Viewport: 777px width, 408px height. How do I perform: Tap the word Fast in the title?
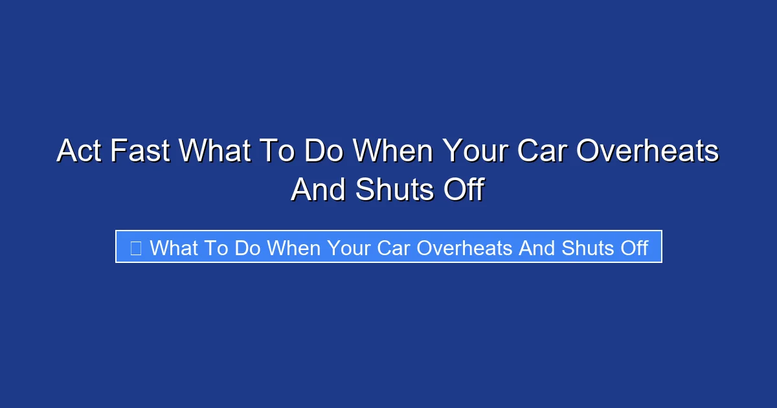(x=139, y=152)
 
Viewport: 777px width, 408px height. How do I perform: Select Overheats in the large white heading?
(x=648, y=152)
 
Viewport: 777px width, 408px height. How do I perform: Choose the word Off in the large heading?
(x=461, y=190)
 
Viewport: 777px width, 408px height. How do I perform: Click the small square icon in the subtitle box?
(x=136, y=247)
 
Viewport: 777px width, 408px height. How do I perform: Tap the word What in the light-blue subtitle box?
(x=174, y=247)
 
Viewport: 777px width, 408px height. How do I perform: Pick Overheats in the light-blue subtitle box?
(x=464, y=247)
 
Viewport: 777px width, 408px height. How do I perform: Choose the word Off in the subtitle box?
(x=633, y=247)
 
